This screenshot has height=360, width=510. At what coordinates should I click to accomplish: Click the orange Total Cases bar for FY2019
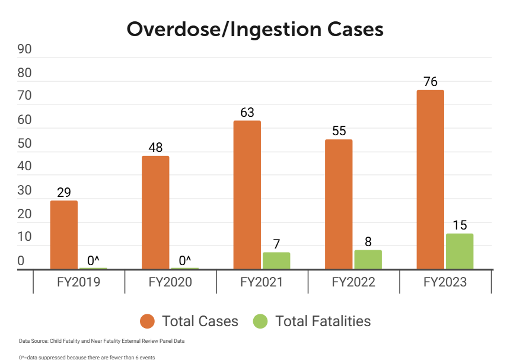point(63,235)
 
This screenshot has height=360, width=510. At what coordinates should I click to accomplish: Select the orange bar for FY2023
point(430,180)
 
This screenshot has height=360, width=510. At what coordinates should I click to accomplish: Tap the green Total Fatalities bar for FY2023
point(460,251)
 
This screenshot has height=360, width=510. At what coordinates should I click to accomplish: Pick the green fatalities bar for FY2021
point(276,261)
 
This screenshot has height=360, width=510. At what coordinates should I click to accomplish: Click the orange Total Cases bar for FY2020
point(155,213)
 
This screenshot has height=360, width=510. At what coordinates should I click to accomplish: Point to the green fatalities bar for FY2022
point(368,260)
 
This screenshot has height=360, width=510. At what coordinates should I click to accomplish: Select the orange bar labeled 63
point(247,195)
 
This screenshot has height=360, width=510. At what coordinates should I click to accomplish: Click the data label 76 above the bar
point(431,82)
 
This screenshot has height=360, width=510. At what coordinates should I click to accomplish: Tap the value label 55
point(339,131)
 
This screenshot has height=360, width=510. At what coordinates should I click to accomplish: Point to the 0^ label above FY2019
point(93,260)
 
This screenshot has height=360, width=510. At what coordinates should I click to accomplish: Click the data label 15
point(460,225)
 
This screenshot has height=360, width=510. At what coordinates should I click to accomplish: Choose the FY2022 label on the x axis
point(353,282)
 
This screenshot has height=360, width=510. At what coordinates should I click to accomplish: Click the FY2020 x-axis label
point(170,282)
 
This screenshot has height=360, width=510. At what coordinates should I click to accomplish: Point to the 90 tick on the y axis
point(24,49)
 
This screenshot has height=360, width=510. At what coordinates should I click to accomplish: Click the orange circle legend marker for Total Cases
point(148,321)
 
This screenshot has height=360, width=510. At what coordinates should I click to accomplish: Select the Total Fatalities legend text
point(323,321)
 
